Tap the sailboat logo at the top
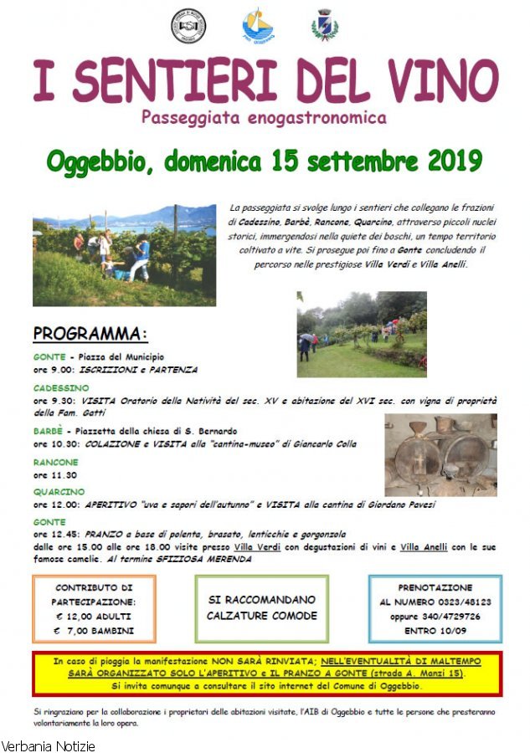pos(257,26)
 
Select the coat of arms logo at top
pos(324,25)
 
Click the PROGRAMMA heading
pos(90,334)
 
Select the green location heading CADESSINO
pos(61,388)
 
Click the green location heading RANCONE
pos(56,462)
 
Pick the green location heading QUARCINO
pos(59,492)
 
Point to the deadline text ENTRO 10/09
pos(435,630)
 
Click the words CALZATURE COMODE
pos(261,616)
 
